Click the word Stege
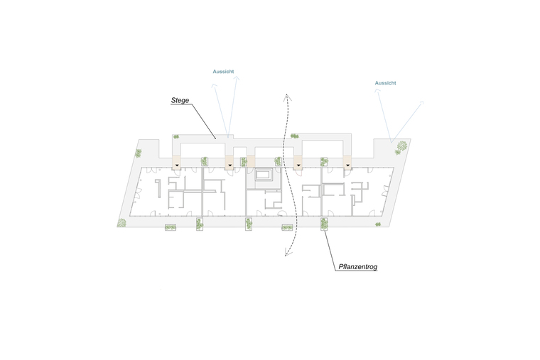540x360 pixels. coord(180,100)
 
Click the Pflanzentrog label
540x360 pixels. coord(358,267)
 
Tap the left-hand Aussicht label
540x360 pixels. coord(223,72)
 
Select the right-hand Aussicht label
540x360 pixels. coord(385,83)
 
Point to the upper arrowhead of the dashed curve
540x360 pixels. coord(287,97)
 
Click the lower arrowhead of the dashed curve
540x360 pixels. coord(288,253)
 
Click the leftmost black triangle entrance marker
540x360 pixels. coord(177,165)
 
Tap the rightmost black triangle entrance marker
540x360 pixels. coord(348,165)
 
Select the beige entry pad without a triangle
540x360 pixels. coord(251,162)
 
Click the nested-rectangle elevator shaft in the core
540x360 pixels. coord(264,174)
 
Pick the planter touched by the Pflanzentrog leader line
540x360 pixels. coord(324,224)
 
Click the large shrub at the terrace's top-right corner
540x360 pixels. coord(401,147)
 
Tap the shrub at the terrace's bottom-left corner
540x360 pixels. coord(121,223)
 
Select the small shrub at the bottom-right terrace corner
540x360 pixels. coord(378,224)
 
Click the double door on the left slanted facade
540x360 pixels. coord(138,193)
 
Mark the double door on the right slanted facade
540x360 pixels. coord(385,191)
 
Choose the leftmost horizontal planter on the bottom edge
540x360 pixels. coord(171,227)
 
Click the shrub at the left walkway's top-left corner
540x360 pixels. coord(176,136)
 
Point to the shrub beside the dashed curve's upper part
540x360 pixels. coord(294,136)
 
